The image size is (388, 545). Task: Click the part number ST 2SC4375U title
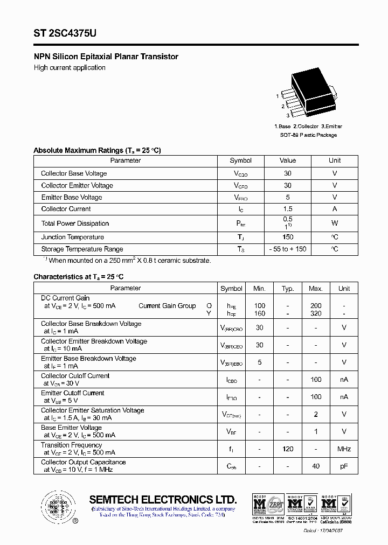click(x=65, y=33)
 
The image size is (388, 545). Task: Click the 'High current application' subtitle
click(x=70, y=68)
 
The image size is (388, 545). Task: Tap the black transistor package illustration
click(x=311, y=94)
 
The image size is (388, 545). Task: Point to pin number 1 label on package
click(x=278, y=96)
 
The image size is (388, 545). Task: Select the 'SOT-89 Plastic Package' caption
click(x=308, y=135)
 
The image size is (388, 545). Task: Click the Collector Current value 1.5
click(x=287, y=209)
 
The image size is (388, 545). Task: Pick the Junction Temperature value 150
click(x=287, y=237)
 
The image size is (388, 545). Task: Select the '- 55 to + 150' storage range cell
click(x=287, y=249)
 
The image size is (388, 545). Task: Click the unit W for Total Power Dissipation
click(x=335, y=223)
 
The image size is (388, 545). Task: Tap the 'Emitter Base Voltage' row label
click(x=72, y=198)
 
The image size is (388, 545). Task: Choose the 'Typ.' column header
click(x=288, y=289)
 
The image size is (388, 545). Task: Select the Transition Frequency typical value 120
click(x=288, y=449)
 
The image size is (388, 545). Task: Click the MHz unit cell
click(x=344, y=449)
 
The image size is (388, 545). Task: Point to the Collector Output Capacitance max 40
click(x=316, y=466)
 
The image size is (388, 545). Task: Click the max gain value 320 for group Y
click(x=316, y=313)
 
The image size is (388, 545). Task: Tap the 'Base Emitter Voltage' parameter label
click(x=71, y=428)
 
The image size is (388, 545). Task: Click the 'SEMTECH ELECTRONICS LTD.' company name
click(x=163, y=499)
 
